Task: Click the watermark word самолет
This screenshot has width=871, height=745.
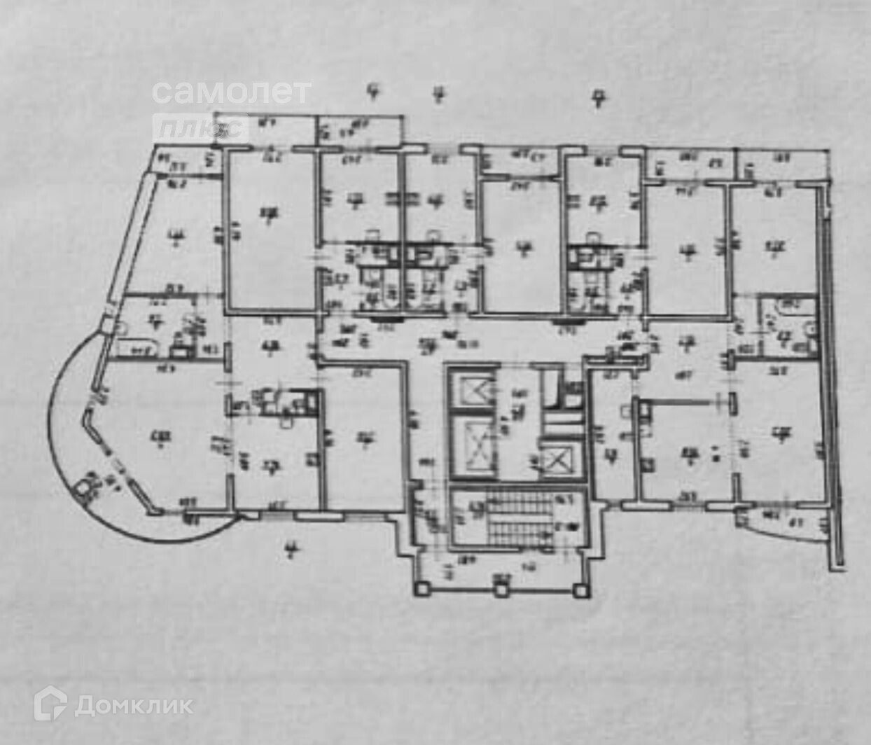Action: coord(231,92)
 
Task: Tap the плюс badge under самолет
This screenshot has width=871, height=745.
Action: coord(200,127)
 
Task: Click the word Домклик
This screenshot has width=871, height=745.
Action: coord(134,705)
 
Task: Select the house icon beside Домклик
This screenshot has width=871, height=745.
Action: coord(51,703)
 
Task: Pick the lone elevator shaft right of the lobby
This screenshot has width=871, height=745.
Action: coord(559,460)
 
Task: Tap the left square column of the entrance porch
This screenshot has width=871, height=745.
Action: coord(422,589)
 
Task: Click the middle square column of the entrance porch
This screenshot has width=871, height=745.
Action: coord(500,590)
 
